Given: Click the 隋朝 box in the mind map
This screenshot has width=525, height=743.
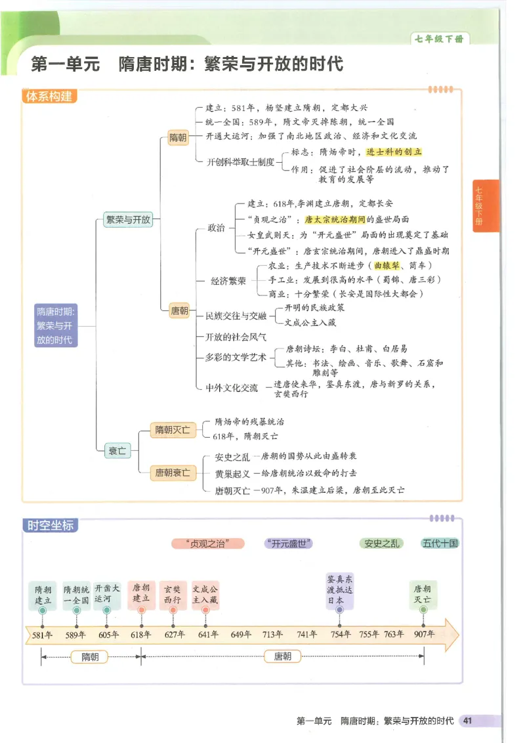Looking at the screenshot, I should point(178,137).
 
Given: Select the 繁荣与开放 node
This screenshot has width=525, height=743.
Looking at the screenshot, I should point(127,220).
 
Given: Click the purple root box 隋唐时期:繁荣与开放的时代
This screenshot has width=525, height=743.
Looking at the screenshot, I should point(56,326).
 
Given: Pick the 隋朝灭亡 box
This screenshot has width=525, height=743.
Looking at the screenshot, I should point(172,430).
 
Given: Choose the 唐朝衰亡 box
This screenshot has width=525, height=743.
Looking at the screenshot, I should point(172,472).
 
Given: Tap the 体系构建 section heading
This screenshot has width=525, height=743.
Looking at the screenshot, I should point(49,96).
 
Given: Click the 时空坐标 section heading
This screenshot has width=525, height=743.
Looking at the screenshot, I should point(50,525).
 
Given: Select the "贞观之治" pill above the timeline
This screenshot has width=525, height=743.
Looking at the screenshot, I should point(207,543).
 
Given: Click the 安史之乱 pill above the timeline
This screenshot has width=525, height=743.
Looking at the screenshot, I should point(381,543).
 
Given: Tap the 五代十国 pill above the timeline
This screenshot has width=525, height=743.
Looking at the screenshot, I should point(440,543).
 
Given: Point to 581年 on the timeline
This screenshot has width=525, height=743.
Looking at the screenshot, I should point(42,635).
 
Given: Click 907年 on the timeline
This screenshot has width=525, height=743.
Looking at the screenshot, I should point(424,635).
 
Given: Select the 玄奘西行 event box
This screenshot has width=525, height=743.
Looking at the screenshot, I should point(173,594).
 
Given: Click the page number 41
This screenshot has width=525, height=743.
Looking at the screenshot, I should point(467,721).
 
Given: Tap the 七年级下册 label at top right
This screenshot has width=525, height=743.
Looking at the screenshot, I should point(439,39).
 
